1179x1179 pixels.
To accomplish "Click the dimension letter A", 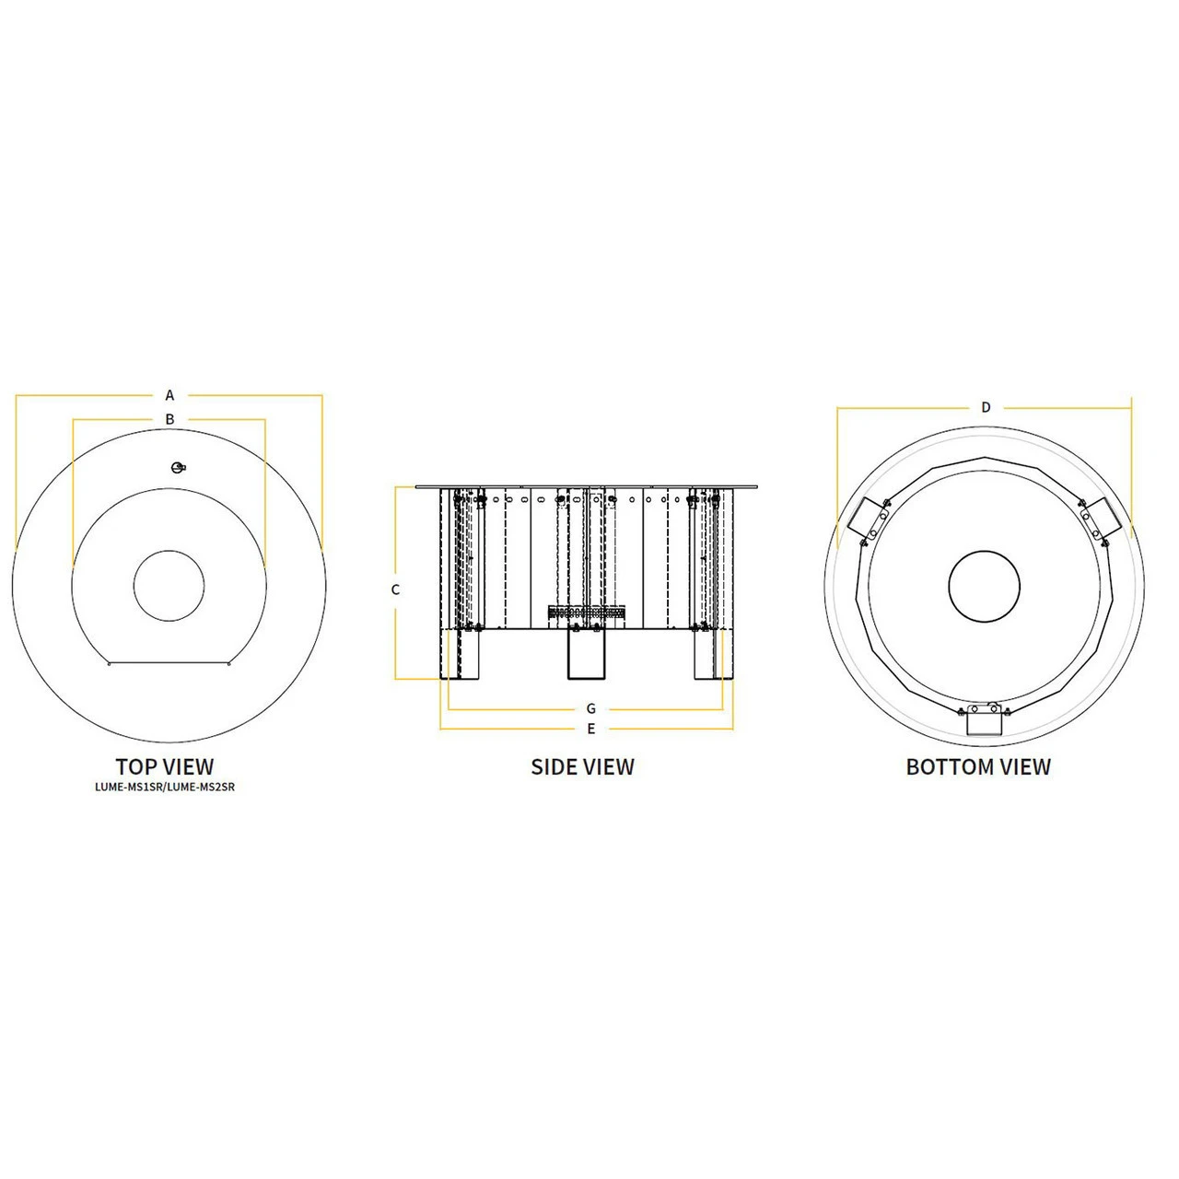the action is pos(169,395).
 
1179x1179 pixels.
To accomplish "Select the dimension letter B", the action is pos(170,419).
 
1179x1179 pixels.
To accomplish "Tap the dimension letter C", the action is pos(395,589).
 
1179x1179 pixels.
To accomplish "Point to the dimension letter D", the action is pos(986,407).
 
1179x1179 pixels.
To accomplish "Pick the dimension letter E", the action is pos(591,729).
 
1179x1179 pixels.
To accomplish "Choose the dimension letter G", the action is pos(591,708).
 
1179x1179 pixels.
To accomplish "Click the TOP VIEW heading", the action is pos(165,766).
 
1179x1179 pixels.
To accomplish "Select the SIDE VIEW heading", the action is pos(582,766).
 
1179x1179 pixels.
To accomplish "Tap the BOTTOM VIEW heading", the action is pos(978,766).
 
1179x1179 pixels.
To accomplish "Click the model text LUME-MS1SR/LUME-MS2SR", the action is pos(165,787).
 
